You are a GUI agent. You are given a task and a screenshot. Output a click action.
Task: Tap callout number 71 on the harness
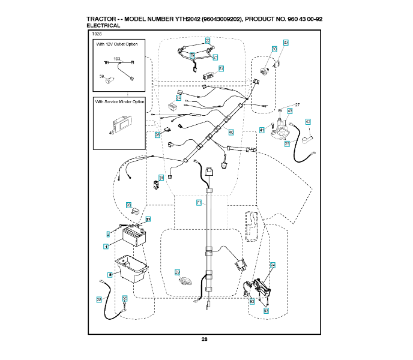click(199, 203)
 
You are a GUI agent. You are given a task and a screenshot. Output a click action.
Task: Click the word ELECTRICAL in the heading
click(104, 26)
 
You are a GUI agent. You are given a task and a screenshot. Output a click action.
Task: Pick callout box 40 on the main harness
click(231, 131)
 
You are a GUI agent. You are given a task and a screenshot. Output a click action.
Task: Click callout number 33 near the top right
click(286, 43)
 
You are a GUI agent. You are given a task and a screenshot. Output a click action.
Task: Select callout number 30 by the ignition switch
click(274, 49)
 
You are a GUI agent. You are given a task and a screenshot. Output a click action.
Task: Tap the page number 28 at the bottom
click(204, 340)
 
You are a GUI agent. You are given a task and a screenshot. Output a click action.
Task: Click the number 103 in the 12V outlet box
click(117, 59)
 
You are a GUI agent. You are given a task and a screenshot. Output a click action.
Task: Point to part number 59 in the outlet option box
click(102, 76)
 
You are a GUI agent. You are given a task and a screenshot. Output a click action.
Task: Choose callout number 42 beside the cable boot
click(308, 122)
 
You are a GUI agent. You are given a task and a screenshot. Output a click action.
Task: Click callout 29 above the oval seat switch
click(177, 272)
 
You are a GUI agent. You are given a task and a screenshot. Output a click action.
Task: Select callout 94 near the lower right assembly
click(273, 265)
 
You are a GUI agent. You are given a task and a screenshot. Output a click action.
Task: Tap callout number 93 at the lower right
click(266, 311)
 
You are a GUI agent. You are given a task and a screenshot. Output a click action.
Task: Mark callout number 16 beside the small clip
click(161, 178)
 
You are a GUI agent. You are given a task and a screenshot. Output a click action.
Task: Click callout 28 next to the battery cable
click(99, 299)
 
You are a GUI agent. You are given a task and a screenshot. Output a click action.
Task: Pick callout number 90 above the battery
click(128, 205)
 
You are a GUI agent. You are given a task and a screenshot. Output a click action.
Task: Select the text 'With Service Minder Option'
click(120, 102)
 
